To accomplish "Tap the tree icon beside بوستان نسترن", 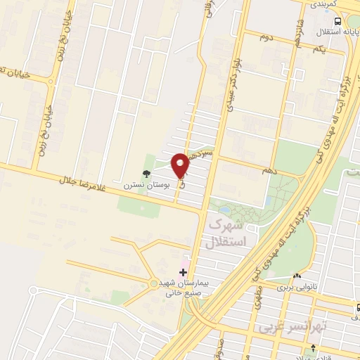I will pos(146,174).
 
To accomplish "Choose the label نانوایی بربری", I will pos(293,287).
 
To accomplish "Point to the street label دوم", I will pos(266,36).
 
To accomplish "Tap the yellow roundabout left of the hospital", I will pos(154,283).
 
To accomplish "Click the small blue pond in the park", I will pos(225,209).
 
